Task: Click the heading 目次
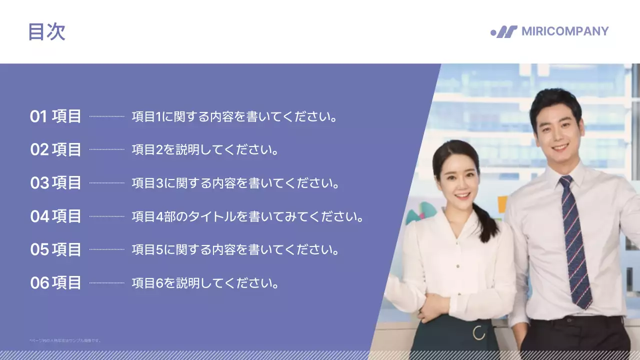[x=46, y=32]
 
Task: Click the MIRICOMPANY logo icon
[x=504, y=32]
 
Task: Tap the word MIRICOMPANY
[x=565, y=31]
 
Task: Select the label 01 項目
[x=55, y=116]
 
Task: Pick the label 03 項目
[x=55, y=183]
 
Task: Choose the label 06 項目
[x=55, y=283]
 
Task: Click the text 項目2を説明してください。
[x=205, y=149]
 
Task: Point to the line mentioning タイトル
[x=247, y=216]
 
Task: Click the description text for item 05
[x=235, y=249]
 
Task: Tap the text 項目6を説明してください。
[x=205, y=283]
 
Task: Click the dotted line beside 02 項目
[x=107, y=149]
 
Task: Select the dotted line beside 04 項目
[x=107, y=216]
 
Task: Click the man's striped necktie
[x=575, y=240]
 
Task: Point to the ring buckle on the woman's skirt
[x=479, y=332]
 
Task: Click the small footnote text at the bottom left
[x=65, y=340]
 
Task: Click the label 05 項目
[x=55, y=249]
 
